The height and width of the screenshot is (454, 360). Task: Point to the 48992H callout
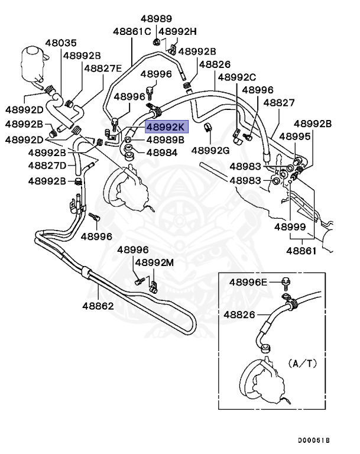178,31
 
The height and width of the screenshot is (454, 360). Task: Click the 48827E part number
103,68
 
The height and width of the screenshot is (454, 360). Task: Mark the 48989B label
166,140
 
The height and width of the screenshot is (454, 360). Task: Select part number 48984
162,153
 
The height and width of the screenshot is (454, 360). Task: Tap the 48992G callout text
210,150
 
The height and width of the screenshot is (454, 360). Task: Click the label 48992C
236,77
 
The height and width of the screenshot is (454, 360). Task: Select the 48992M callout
154,262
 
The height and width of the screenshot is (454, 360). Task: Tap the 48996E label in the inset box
248,282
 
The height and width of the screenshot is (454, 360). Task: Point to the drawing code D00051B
314,441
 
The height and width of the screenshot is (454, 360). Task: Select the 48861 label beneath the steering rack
301,251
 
